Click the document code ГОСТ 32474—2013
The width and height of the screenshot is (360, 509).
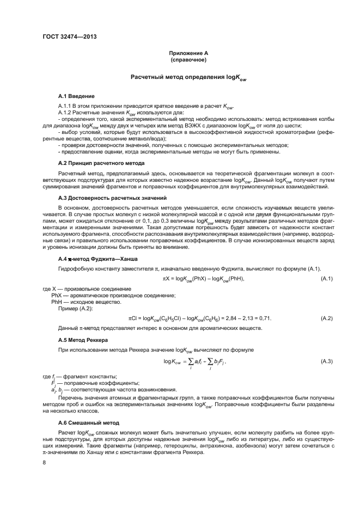[x=65, y=38]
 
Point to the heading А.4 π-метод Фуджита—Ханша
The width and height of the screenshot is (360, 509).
[x=98, y=257]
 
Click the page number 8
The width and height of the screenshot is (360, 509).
[x=44, y=463]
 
